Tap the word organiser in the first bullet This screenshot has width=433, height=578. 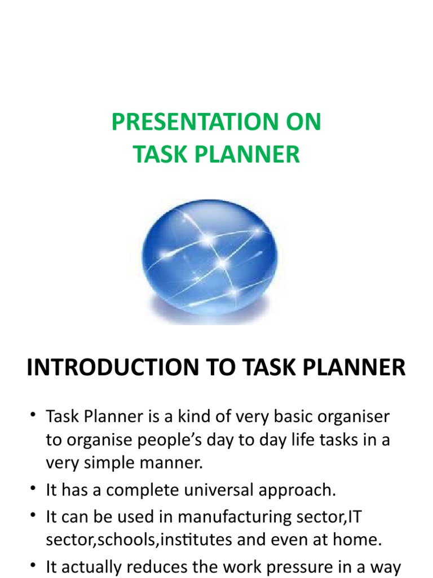coord(353,417)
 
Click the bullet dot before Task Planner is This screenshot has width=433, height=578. coord(33,415)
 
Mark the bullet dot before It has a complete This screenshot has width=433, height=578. coord(33,488)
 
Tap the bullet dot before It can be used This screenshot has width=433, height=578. coord(33,515)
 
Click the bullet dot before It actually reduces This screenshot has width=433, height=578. coord(33,565)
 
